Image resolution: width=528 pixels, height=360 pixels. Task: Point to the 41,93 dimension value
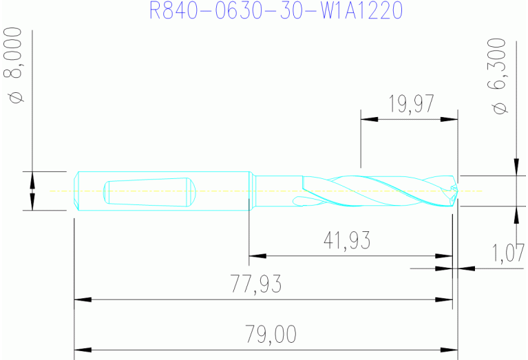coord(347,240)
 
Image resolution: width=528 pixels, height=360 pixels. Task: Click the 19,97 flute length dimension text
coord(410,104)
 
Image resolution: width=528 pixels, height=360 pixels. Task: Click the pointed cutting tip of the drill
coord(454,190)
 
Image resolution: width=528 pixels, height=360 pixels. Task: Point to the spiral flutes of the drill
coord(372,190)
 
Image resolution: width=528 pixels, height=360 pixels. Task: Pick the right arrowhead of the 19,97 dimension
coord(450,120)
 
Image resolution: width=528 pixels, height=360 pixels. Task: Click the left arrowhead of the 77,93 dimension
coord(82,300)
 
